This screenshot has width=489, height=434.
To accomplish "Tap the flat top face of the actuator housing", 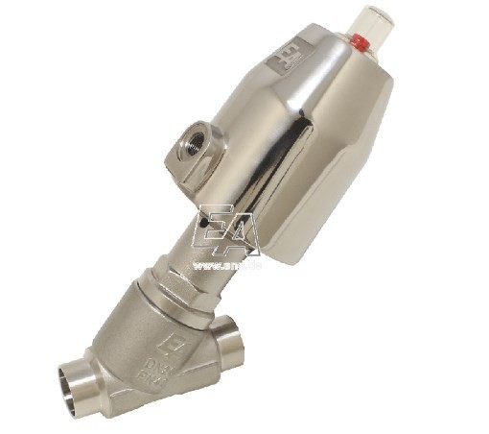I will tap(316, 67).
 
